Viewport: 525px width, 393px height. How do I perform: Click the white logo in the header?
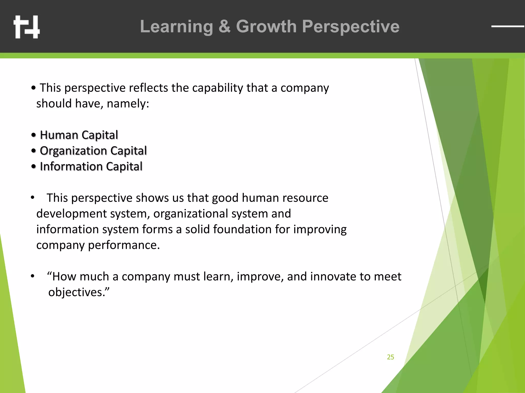(x=27, y=27)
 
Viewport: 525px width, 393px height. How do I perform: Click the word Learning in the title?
(x=176, y=27)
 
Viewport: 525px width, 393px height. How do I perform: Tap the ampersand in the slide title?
(x=224, y=27)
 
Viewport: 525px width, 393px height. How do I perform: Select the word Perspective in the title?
(x=350, y=27)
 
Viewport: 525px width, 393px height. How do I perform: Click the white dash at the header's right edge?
(x=508, y=26)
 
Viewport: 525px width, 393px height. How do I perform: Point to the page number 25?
(x=390, y=357)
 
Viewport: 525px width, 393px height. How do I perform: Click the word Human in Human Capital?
(x=59, y=135)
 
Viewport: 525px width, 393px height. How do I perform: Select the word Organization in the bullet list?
(x=73, y=151)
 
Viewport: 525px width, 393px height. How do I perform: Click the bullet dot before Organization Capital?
(x=34, y=151)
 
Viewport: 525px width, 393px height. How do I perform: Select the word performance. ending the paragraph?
(x=124, y=245)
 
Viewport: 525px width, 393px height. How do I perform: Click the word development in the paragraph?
(x=72, y=214)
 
